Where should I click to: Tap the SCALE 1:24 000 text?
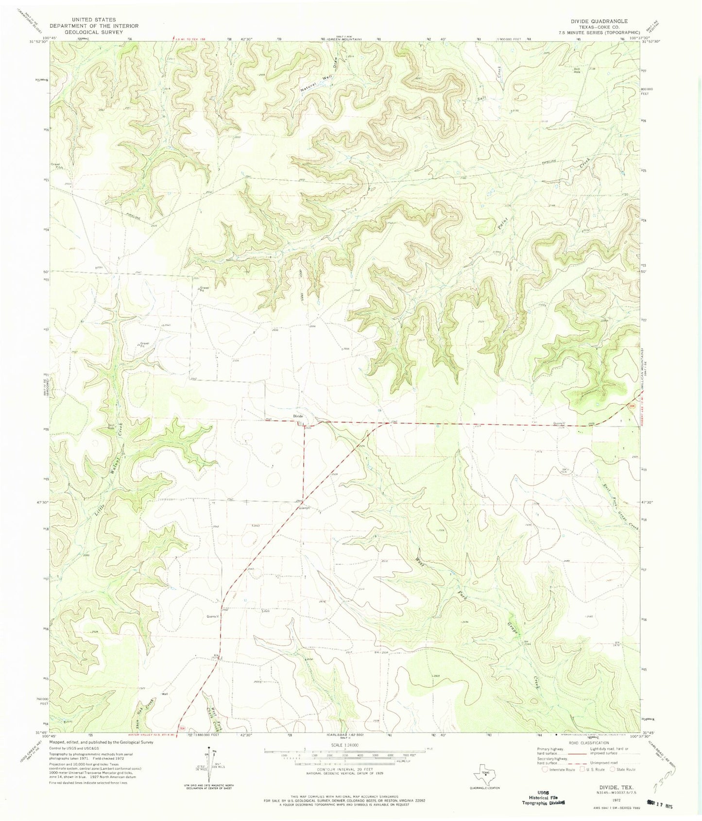(344, 744)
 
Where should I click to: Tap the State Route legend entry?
(627, 770)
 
